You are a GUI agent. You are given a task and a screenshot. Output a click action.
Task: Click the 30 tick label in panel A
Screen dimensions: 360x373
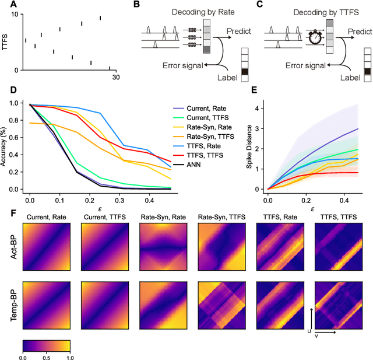pos(115,78)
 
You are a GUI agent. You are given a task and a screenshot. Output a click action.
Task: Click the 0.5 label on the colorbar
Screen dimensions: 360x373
pos(47,355)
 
